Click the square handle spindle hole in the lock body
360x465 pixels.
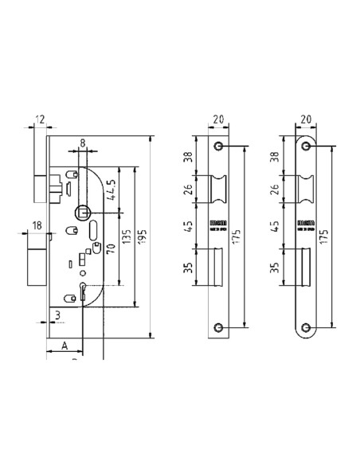click(81, 212)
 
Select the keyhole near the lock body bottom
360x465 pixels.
click(82, 291)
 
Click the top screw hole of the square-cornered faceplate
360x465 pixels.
click(220, 148)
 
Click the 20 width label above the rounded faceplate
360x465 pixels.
click(304, 119)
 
